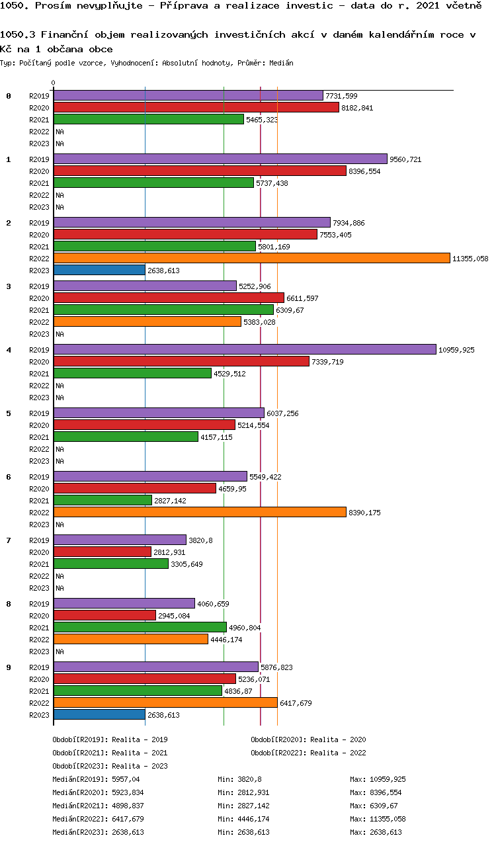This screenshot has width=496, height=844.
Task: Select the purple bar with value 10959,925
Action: [x=245, y=350]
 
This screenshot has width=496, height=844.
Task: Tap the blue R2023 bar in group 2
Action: [x=99, y=271]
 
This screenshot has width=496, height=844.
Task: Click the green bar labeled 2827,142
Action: [x=103, y=501]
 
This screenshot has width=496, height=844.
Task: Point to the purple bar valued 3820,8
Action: [x=120, y=540]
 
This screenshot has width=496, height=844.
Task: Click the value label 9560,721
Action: [x=405, y=159]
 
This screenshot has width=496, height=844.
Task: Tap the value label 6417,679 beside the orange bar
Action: [x=296, y=703]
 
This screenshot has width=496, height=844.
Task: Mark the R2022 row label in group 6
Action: [x=39, y=513]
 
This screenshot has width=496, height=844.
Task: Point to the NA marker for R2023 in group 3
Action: [x=60, y=334]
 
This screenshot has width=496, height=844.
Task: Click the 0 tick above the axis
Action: [x=54, y=83]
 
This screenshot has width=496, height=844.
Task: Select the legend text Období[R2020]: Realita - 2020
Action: [x=308, y=739]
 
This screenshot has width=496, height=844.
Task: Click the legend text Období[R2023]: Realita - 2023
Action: [x=110, y=766]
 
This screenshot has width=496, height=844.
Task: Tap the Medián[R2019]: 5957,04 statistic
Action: [x=96, y=779]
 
